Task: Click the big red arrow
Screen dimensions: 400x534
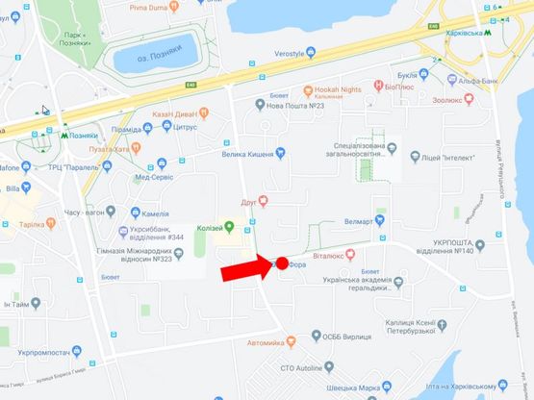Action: click(x=246, y=269)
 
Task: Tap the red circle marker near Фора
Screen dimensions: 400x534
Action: click(x=282, y=262)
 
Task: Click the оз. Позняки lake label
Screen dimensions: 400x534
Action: click(x=150, y=57)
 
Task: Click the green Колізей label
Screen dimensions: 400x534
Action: click(x=217, y=227)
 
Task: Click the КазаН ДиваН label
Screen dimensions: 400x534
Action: click(x=173, y=114)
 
